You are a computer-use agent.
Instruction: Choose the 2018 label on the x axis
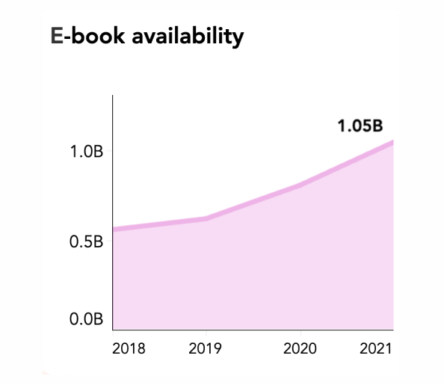(x=129, y=348)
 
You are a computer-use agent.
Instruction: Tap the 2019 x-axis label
(x=206, y=348)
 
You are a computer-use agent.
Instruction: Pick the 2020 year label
(x=300, y=348)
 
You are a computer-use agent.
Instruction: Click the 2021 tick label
(x=376, y=348)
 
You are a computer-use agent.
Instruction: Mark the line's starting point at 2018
(x=114, y=229)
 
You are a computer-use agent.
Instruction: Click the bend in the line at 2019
(x=206, y=218)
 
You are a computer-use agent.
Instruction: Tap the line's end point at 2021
(x=392, y=141)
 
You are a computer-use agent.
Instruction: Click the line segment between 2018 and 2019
(x=160, y=223)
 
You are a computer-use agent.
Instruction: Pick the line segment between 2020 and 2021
(x=346, y=163)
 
